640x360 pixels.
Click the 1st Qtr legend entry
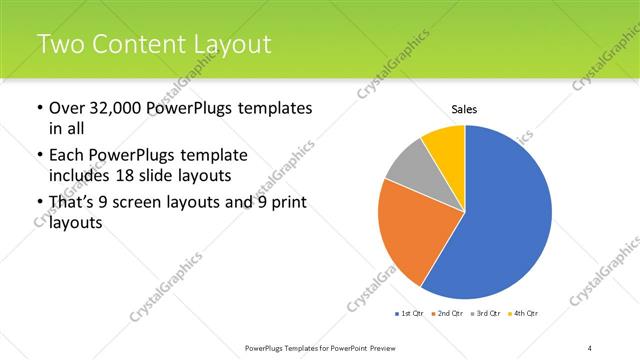click(x=410, y=314)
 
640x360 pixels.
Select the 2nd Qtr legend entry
click(x=449, y=314)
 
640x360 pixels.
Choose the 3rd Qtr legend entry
click(x=487, y=314)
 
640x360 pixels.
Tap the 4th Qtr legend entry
click(x=525, y=314)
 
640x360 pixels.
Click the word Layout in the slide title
click(x=231, y=44)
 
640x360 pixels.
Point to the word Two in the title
click(x=59, y=44)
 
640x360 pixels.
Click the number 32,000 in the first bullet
click(x=116, y=108)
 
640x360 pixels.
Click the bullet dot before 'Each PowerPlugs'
click(x=38, y=157)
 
